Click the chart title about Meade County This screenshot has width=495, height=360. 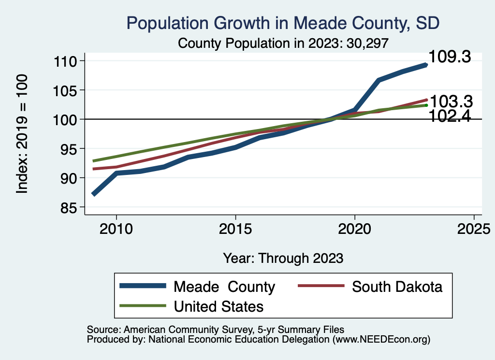[x=283, y=23]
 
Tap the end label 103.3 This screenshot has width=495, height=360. [x=451, y=101]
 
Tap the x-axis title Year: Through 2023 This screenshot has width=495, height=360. [x=283, y=258]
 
